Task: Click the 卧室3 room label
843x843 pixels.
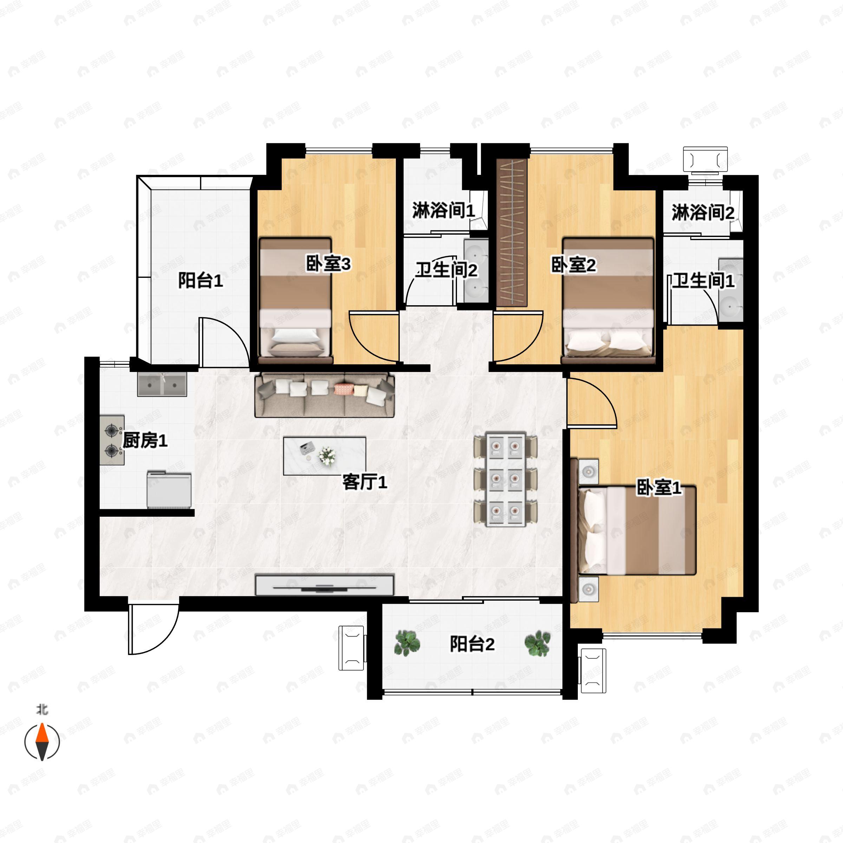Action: [x=328, y=264]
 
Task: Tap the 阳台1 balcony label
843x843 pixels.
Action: [x=200, y=281]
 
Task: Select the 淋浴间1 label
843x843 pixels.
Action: [x=443, y=211]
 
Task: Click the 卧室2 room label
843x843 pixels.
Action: [x=573, y=265]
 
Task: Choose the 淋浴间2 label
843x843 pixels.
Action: [x=702, y=213]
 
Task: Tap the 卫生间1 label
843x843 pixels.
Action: [x=702, y=281]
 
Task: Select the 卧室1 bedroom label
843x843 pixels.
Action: [x=659, y=488]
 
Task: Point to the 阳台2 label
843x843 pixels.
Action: [x=472, y=644]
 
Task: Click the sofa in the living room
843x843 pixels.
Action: [x=324, y=395]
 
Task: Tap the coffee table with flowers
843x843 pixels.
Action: [x=324, y=456]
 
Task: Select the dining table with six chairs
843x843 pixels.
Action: [x=506, y=479]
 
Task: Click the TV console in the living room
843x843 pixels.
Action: [x=324, y=585]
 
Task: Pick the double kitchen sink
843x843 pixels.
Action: [x=162, y=384]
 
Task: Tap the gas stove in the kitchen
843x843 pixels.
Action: [x=112, y=440]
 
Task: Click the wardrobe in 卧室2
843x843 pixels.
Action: [x=512, y=233]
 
